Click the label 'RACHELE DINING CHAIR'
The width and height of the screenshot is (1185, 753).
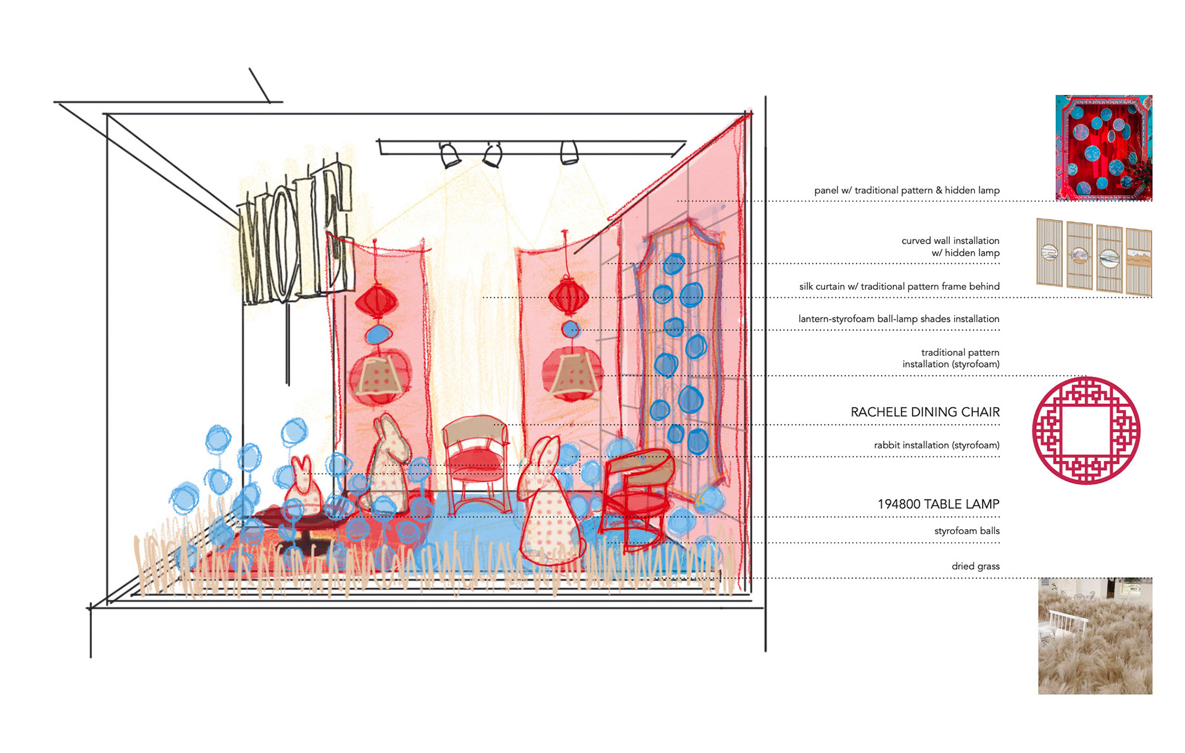pyautogui.click(x=925, y=412)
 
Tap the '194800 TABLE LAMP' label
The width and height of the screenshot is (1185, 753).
pyautogui.click(x=938, y=504)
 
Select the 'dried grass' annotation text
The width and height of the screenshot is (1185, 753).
pyautogui.click(x=975, y=566)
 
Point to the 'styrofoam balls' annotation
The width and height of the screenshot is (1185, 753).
pyautogui.click(x=967, y=531)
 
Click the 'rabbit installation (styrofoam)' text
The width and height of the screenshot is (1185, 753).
pyautogui.click(x=936, y=445)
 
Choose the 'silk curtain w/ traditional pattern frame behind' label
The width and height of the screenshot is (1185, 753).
pyautogui.click(x=899, y=286)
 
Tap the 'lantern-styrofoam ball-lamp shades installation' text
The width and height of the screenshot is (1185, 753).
pyautogui.click(x=899, y=319)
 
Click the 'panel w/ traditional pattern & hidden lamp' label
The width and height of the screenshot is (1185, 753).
pyautogui.click(x=907, y=191)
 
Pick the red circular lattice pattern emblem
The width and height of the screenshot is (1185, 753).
pyautogui.click(x=1086, y=430)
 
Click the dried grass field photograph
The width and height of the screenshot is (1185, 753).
pyautogui.click(x=1095, y=636)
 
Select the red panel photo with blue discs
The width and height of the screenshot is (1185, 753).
pyautogui.click(x=1104, y=147)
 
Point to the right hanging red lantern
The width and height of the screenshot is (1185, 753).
pyautogui.click(x=568, y=295)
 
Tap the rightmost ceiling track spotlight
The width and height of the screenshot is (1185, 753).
pyautogui.click(x=569, y=153)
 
